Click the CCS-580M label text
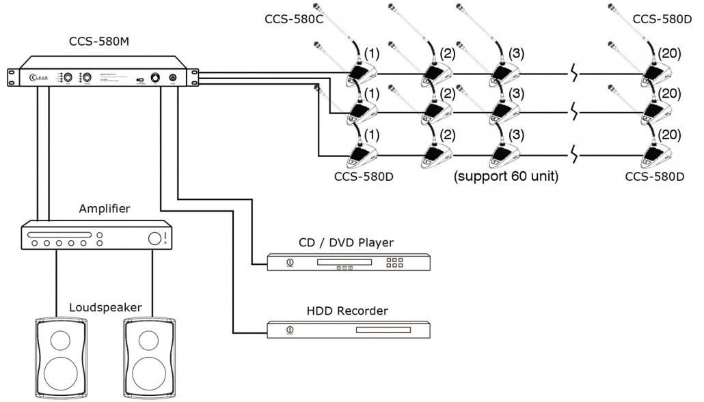point(100,43)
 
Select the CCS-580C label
point(294,18)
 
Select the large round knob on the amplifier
point(154,238)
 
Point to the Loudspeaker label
point(105,307)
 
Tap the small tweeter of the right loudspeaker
point(148,339)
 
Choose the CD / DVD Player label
point(347,242)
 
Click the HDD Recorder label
point(348,311)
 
